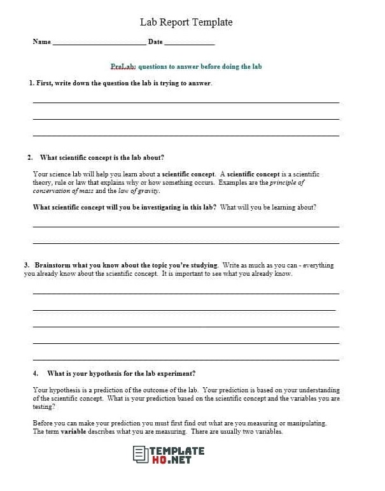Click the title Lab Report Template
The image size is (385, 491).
186,22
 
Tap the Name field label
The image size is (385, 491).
41,42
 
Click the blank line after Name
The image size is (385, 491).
99,43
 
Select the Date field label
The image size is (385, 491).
155,42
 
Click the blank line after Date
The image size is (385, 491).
189,43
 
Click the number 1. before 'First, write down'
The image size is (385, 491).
31,83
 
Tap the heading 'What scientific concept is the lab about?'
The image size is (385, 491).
102,157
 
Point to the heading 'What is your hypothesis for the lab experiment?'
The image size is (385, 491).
121,373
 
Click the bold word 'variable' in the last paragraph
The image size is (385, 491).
73,432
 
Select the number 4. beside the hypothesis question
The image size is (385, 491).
36,373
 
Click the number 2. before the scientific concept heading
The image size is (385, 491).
30,157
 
